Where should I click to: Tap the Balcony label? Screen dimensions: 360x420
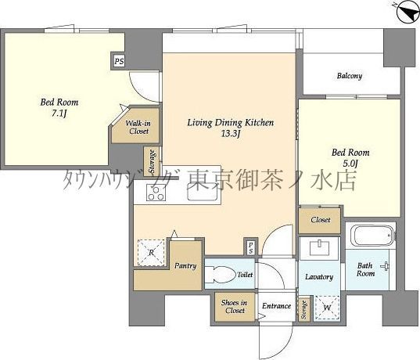pos(350,76)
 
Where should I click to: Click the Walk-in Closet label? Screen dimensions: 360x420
pos(138,127)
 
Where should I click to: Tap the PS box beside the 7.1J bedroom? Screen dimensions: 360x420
pos(119,60)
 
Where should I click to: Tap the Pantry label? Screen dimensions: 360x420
pos(185,266)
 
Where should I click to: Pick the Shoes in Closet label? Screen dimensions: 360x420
pos(234,307)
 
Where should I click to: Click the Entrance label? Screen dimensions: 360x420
pos(276,306)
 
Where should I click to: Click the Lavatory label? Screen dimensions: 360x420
pos(318,277)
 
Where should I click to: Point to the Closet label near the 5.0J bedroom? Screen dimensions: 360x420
pos(320,221)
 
